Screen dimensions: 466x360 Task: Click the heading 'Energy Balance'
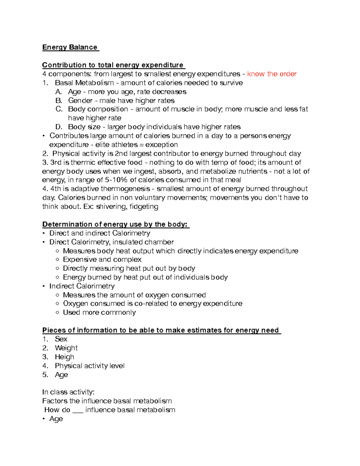point(70,47)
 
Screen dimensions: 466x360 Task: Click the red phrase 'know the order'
point(271,74)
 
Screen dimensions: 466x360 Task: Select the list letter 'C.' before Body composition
point(59,109)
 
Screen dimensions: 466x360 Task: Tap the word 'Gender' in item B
point(80,101)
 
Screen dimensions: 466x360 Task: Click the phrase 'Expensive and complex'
point(102,260)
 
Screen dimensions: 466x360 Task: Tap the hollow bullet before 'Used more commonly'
point(58,313)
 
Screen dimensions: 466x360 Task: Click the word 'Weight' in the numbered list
point(66,348)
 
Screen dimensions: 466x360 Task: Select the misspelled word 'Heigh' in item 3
point(64,357)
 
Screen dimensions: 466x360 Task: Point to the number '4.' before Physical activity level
point(45,366)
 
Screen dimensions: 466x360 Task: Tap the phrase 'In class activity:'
point(68,392)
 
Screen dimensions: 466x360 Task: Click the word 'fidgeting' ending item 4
point(144,207)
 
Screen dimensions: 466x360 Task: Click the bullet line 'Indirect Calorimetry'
point(82,286)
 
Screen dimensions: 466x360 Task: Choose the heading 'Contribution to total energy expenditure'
point(113,65)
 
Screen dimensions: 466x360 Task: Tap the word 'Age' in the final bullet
point(56,419)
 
